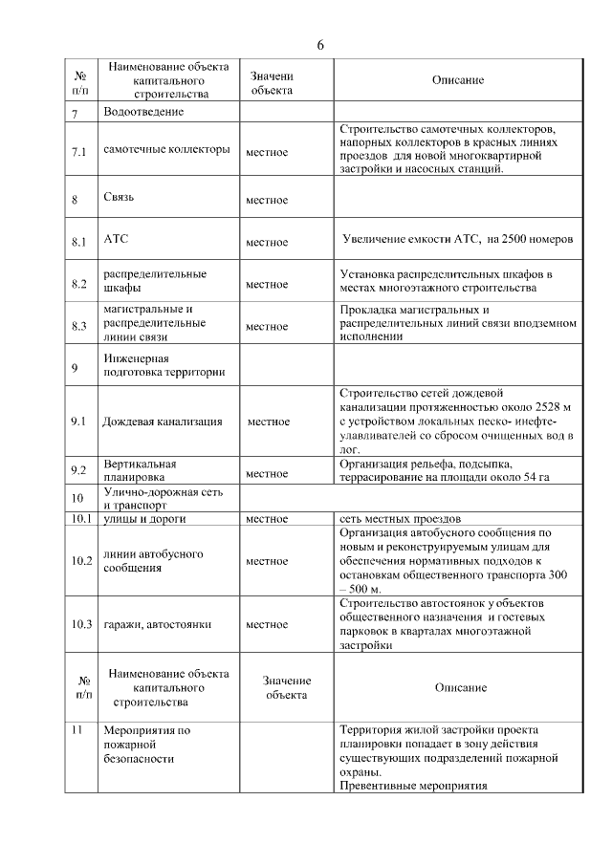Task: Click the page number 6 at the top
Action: pyautogui.click(x=320, y=46)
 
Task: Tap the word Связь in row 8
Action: pyautogui.click(x=119, y=198)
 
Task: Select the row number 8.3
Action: pyautogui.click(x=79, y=326)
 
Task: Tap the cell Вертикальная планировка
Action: pyautogui.click(x=140, y=468)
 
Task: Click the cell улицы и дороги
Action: pyautogui.click(x=143, y=519)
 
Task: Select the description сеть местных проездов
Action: pyautogui.click(x=401, y=519)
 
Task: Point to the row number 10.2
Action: pyautogui.click(x=81, y=560)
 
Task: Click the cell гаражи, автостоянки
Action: pyautogui.click(x=157, y=624)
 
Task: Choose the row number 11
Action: pyautogui.click(x=79, y=730)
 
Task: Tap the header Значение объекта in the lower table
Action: pyautogui.click(x=285, y=687)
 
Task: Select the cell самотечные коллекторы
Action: pyautogui.click(x=166, y=150)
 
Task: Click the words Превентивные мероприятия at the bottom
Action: pyautogui.click(x=413, y=785)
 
